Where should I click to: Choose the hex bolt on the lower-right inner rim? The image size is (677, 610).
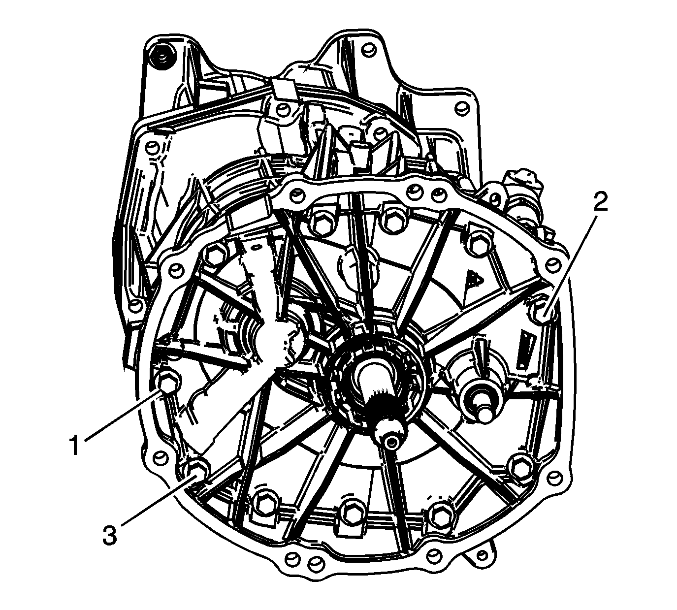point(520,465)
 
